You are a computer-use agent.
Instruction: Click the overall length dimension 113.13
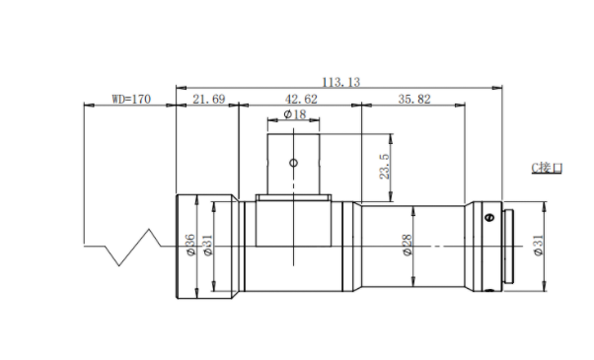(x=341, y=82)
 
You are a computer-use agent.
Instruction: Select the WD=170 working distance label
(x=131, y=100)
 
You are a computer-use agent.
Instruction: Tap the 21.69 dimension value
(x=209, y=100)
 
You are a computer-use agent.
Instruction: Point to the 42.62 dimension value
(x=301, y=100)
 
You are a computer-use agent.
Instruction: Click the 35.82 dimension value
(x=414, y=100)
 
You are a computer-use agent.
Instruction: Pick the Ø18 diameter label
(x=295, y=114)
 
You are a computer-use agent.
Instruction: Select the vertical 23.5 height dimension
(x=384, y=167)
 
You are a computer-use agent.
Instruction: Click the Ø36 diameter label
(x=190, y=245)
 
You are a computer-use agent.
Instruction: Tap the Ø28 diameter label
(x=407, y=245)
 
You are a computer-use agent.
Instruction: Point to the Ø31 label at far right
(x=539, y=246)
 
